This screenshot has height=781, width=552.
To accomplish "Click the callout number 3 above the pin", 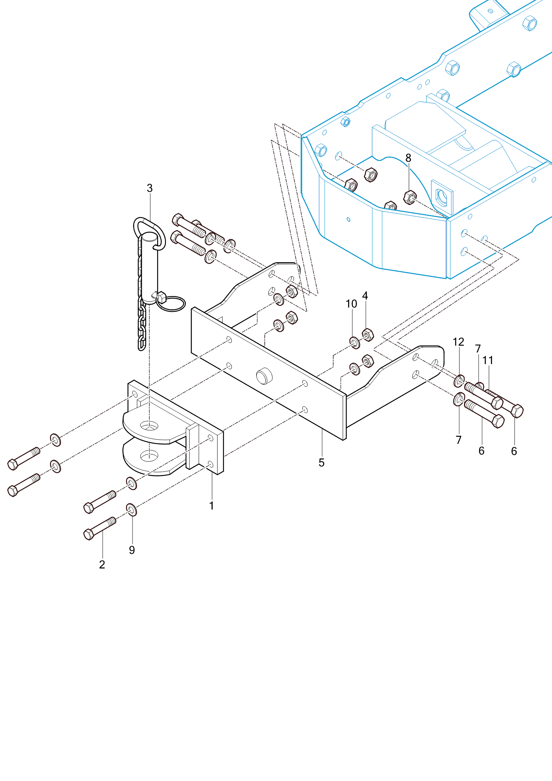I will coord(149,188).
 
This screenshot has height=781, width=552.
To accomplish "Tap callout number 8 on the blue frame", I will coord(408,158).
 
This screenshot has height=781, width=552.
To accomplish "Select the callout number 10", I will coord(351,304).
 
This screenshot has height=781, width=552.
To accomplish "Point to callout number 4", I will coord(365,296).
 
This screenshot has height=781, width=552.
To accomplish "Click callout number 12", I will coord(458,342).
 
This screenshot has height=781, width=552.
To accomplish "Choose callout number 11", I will coord(488,360).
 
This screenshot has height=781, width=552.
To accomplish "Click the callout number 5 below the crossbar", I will coord(322,462).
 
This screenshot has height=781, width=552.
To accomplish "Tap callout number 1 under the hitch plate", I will coord(212,506).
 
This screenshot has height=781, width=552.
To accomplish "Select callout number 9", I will coord(132,550).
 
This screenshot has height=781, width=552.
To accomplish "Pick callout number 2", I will coord(102,564).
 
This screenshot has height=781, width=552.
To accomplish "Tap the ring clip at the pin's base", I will coord(171,303).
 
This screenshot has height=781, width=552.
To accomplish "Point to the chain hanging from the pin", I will coord(142,324).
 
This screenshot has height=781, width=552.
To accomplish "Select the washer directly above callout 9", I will coord(131,510).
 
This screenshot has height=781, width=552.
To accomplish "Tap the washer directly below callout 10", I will coord(355,343).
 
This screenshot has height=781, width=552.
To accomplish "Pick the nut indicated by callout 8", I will coord(410,197).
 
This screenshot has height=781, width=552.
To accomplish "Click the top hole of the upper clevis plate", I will coord(149,426).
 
